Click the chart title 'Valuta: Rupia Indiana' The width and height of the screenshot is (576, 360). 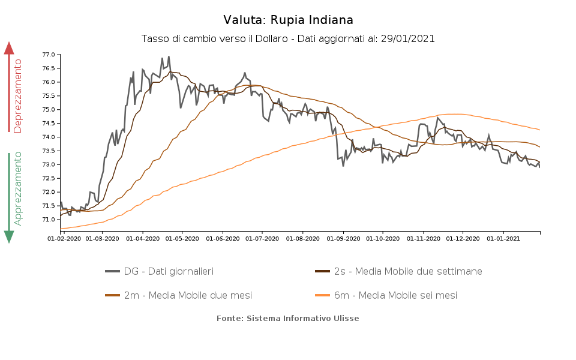click(x=288, y=20)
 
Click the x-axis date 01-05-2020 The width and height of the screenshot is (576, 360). click(x=182, y=239)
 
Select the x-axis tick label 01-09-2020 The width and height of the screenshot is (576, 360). click(x=343, y=239)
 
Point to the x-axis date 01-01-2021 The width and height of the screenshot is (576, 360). click(x=503, y=239)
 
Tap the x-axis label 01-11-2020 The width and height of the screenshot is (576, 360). click(x=423, y=239)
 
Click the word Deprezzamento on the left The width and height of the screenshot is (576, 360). click(x=18, y=95)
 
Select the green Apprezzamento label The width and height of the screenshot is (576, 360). click(x=18, y=188)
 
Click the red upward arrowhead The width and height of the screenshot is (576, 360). click(x=9, y=48)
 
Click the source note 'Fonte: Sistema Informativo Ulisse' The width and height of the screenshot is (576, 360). click(x=288, y=318)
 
